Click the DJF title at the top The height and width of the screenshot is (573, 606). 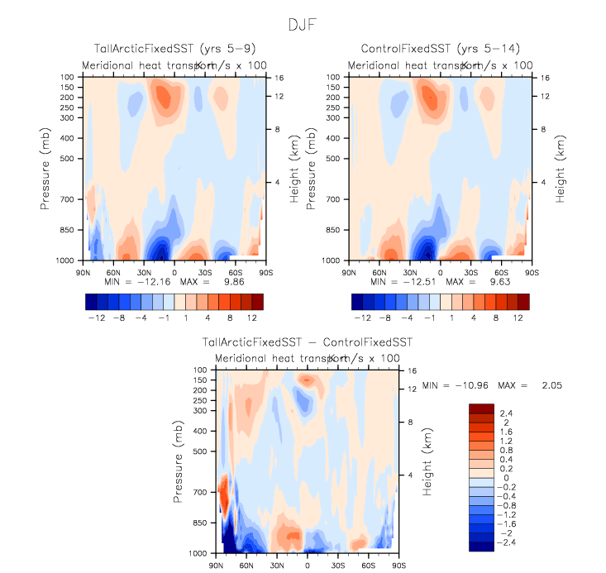pos(303,24)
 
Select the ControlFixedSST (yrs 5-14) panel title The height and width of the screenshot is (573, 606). pos(437,49)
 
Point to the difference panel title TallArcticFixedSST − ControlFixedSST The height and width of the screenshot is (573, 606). pos(308,341)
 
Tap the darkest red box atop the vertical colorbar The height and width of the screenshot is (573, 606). pos(480,408)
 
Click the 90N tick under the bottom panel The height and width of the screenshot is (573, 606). pos(217,566)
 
